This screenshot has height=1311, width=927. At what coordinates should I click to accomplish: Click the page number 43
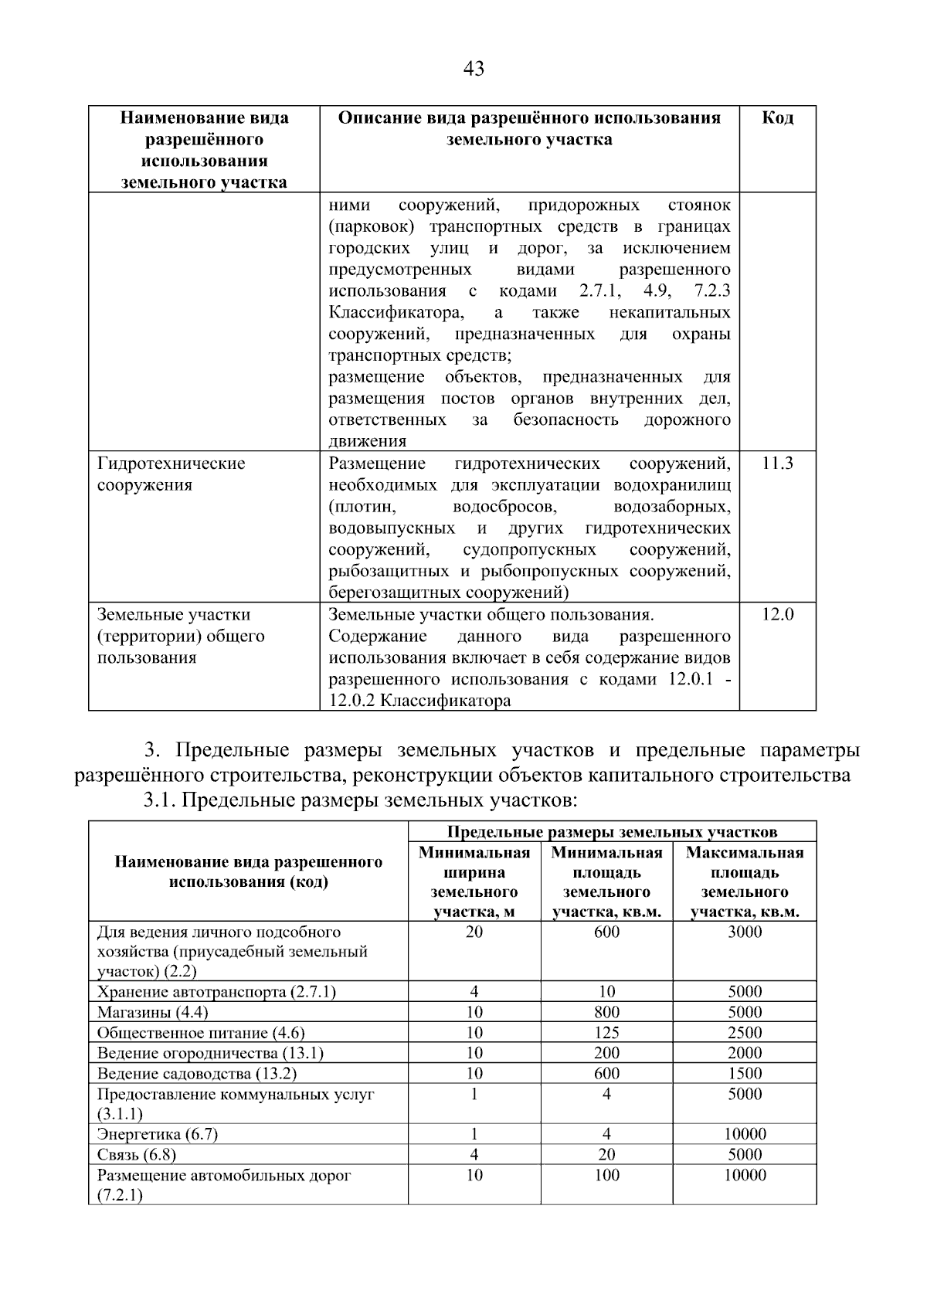click(x=474, y=70)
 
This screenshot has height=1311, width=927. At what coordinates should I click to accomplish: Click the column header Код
click(x=777, y=118)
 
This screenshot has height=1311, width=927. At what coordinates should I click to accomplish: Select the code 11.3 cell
click(x=777, y=464)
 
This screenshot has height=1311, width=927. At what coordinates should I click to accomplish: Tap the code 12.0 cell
click(x=777, y=615)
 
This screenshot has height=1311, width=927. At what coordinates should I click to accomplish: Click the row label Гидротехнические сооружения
click(x=171, y=474)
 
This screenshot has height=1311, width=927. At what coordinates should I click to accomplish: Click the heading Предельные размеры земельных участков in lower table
click(x=612, y=832)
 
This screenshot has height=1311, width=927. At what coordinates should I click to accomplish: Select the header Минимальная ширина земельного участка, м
click(x=474, y=882)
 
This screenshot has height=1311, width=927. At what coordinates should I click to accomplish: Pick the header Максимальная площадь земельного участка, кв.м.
click(x=745, y=882)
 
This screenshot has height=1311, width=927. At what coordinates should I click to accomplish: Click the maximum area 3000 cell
click(x=745, y=932)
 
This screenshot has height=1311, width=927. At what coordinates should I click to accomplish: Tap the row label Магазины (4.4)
click(x=152, y=1012)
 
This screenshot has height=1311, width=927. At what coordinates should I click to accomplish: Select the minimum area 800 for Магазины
click(x=606, y=1012)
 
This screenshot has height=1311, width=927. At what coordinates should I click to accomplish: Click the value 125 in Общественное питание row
click(x=606, y=1033)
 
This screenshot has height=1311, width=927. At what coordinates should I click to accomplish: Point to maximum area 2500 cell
click(x=745, y=1033)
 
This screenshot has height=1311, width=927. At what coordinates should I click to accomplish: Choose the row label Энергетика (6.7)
click(x=158, y=1134)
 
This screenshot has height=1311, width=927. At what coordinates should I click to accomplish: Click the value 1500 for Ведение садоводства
click(x=745, y=1073)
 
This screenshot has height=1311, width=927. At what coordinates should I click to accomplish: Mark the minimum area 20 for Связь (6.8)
click(x=606, y=1155)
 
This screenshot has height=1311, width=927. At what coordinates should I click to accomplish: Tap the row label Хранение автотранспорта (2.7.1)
click(x=216, y=992)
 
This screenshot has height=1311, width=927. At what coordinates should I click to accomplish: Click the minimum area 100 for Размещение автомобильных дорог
click(x=606, y=1175)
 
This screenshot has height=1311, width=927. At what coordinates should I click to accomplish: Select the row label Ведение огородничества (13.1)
click(x=210, y=1053)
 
